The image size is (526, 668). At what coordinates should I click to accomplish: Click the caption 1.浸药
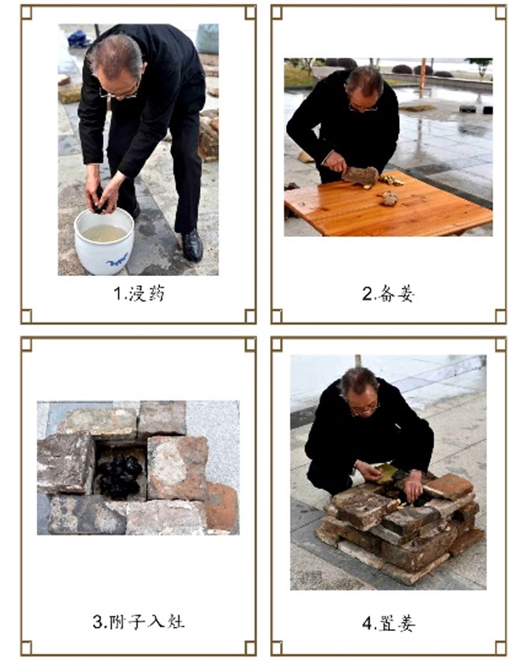coord(139,294)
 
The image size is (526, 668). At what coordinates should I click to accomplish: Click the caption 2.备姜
coord(388,294)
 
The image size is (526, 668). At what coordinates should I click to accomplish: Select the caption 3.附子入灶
coord(139,622)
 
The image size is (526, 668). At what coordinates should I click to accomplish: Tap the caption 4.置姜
coord(388,623)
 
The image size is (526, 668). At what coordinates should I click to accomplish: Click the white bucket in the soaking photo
coord(104,241)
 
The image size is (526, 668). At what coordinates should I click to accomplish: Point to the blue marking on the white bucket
coord(117,259)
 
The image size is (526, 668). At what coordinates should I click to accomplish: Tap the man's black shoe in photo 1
coord(192,246)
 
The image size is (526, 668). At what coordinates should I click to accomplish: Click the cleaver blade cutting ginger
coord(360,176)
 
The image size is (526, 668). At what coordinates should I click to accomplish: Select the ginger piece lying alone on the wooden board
coord(389,199)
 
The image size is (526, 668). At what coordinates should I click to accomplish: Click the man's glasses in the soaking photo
coord(120,93)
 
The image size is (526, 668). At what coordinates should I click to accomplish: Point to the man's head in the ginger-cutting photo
coord(364,87)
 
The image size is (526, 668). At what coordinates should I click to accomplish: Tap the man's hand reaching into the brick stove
coord(413,487)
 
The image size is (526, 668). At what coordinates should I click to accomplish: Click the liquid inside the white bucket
coord(104,233)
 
